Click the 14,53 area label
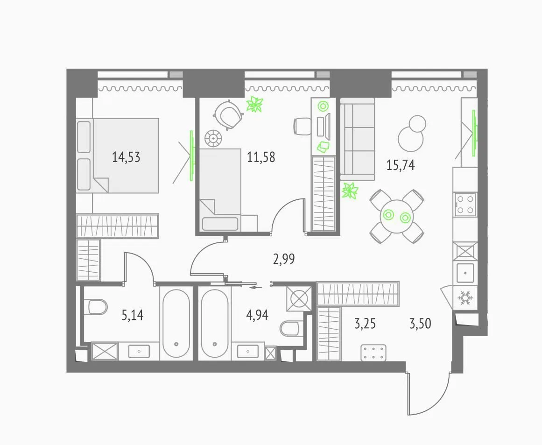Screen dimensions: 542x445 [x=126, y=157]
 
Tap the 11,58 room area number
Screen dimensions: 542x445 [x=261, y=157]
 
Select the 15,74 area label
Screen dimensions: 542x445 [x=401, y=165]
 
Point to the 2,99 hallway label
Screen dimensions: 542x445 [x=284, y=259]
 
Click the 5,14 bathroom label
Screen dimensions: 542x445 [x=133, y=315]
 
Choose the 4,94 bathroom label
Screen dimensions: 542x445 [x=258, y=315]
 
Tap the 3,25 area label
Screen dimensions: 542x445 [x=365, y=324]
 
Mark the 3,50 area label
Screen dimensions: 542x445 [x=420, y=324]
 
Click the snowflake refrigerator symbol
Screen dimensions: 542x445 [x=465, y=297]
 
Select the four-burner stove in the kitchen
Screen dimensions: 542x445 [x=465, y=205]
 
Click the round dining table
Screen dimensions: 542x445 [x=396, y=216]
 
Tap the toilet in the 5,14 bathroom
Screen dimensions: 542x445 [x=96, y=307]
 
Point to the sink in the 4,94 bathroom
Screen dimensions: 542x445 [x=248, y=351]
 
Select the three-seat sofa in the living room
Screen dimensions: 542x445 [x=358, y=139]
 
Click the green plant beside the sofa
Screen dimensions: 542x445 [x=350, y=191]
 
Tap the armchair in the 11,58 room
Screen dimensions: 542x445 [x=227, y=114]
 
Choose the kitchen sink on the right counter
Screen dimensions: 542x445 [x=465, y=273]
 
